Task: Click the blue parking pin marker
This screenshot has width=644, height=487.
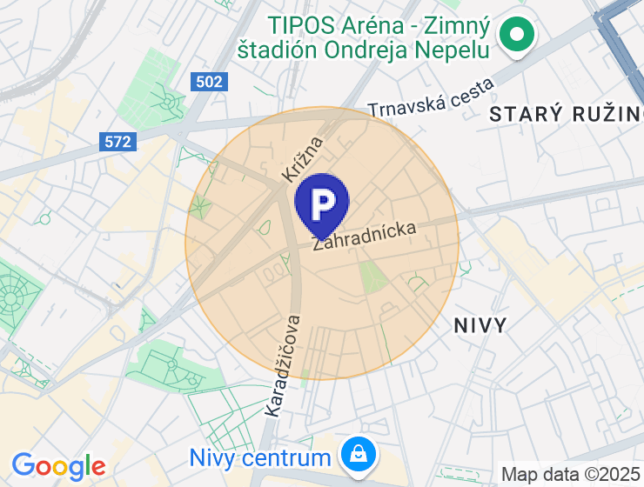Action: (x=322, y=205)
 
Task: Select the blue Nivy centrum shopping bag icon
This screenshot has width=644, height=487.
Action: (x=357, y=453)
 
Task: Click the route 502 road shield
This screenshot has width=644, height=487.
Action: (x=209, y=82)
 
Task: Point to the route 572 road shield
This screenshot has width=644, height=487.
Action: (x=118, y=141)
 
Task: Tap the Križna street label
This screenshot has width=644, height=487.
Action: (x=303, y=158)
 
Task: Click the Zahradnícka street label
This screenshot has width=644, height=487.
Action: (x=365, y=237)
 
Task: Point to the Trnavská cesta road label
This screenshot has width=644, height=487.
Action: (x=431, y=97)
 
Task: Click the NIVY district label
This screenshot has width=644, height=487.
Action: (x=480, y=326)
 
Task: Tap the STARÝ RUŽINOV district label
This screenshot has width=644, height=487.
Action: (x=566, y=114)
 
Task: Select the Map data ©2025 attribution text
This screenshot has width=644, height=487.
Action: (x=571, y=475)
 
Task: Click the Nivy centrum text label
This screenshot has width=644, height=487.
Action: (x=260, y=457)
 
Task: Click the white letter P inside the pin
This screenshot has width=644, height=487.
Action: (x=322, y=203)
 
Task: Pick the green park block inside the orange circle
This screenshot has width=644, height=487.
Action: (x=372, y=277)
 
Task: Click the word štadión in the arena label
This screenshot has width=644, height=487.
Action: (x=276, y=50)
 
